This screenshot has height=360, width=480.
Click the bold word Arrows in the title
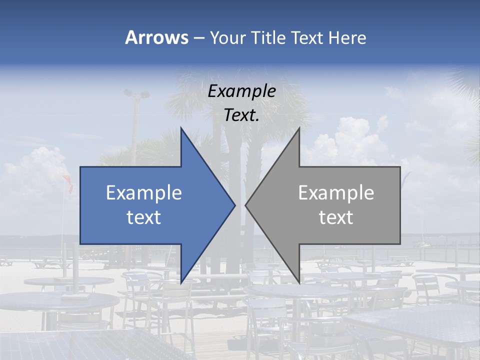[x=156, y=37]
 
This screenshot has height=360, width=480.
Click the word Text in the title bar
[x=307, y=38]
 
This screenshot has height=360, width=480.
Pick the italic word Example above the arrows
[x=242, y=91]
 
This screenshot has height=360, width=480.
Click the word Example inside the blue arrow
[x=144, y=193]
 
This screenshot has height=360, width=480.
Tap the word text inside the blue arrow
[x=144, y=217]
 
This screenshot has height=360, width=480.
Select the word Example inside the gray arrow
[x=336, y=193]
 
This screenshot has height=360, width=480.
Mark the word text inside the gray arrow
[x=336, y=217]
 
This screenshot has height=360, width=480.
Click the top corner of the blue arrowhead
[x=181, y=128]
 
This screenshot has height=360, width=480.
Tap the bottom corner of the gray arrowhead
[x=299, y=282]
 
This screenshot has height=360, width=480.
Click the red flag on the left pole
[x=68, y=183]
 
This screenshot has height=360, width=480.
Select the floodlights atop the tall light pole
[x=136, y=93]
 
